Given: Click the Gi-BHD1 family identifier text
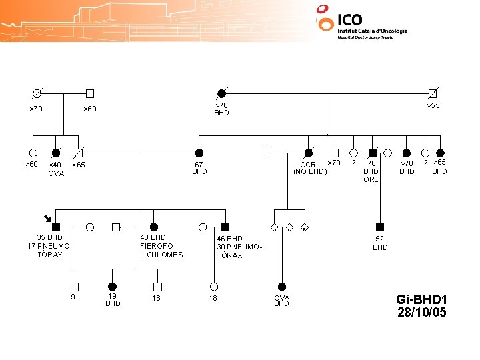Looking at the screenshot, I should click(421, 299).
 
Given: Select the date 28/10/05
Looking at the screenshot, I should click(421, 312).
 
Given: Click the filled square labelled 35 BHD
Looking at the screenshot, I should click(57, 227).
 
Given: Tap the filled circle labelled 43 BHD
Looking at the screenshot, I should click(153, 227).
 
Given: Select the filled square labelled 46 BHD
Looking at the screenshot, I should click(225, 227).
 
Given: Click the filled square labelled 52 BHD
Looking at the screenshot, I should click(380, 227).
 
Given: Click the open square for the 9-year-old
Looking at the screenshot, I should click(75, 287).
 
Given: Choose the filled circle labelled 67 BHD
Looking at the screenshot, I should click(199, 153).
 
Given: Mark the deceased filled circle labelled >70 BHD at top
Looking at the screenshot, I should click(221, 93).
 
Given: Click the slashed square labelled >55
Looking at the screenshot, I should click(433, 93).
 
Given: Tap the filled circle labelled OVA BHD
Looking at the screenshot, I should click(282, 287).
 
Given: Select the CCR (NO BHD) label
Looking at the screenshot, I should click(310, 168).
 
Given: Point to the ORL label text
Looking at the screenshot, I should click(371, 179).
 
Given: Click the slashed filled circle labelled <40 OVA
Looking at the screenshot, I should click(56, 153).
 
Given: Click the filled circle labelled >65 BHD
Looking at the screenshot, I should click(440, 153).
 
